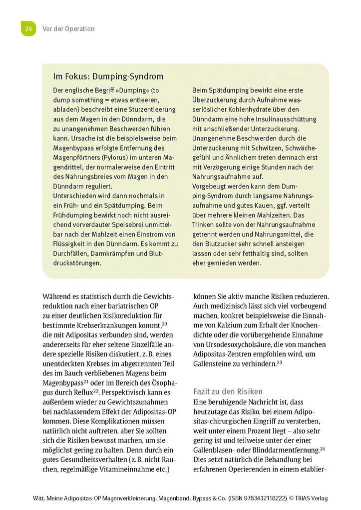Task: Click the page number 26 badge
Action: point(28,28)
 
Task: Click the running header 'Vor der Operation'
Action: point(68,29)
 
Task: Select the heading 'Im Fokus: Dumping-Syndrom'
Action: point(108,77)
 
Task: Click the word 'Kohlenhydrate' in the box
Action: point(257,110)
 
